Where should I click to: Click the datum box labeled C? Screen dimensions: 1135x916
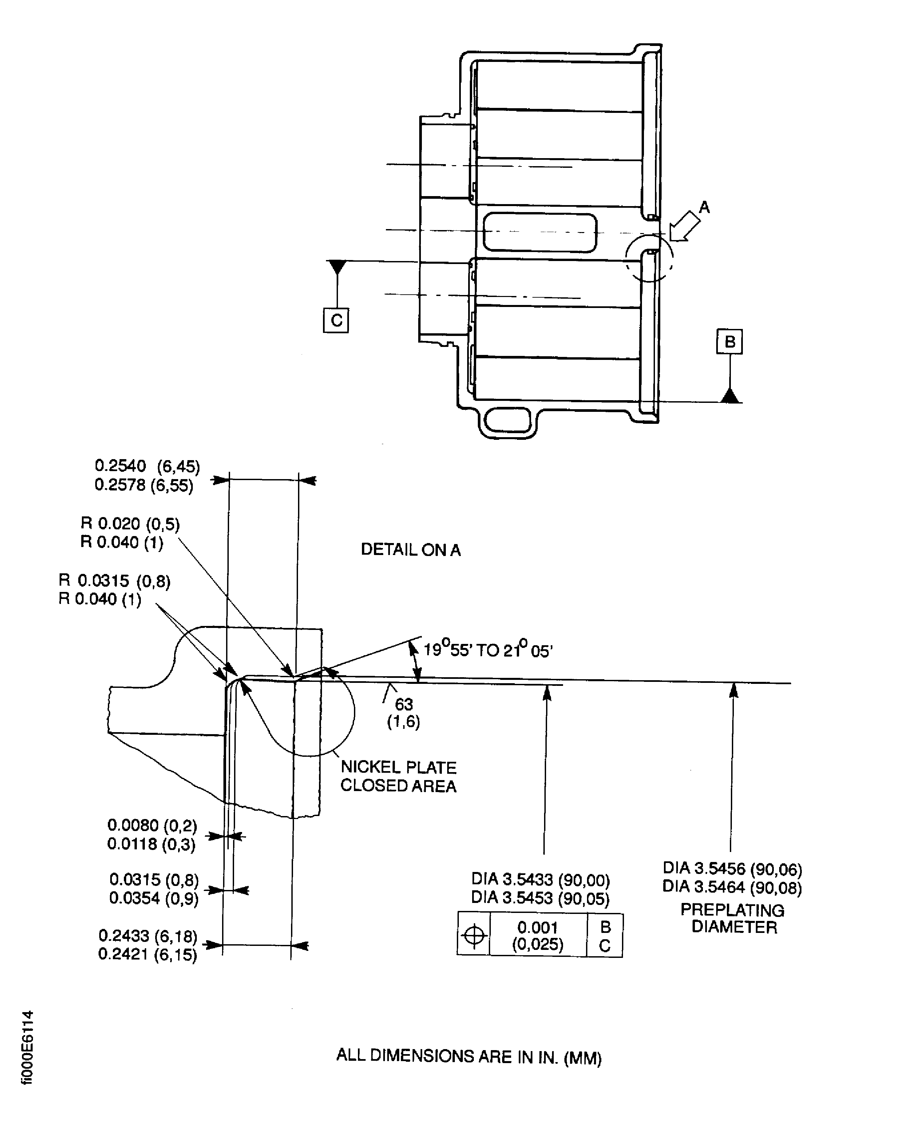pos(336,320)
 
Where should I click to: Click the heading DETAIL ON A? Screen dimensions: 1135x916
pos(411,550)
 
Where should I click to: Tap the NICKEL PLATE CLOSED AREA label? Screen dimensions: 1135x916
pos(398,776)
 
